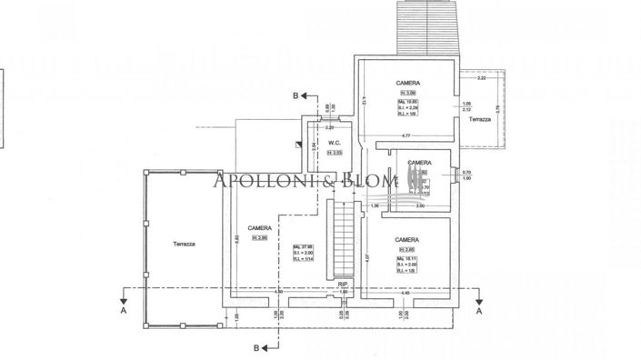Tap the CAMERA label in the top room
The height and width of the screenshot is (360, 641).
(x=407, y=82)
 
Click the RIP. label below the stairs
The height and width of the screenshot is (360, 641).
(x=343, y=284)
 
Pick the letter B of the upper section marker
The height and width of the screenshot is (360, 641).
(x=295, y=95)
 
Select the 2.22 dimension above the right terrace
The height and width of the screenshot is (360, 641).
(x=481, y=78)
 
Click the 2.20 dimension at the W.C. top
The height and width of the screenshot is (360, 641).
(x=330, y=127)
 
